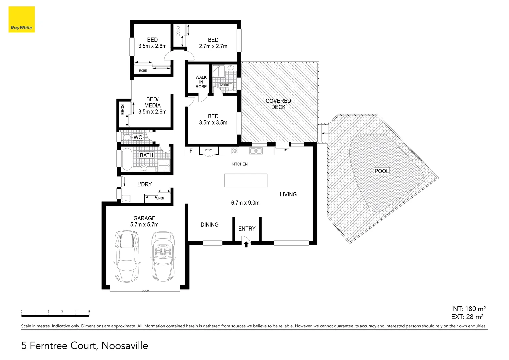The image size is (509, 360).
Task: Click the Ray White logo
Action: pos(21,20)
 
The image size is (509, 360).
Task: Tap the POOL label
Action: pos(382,171)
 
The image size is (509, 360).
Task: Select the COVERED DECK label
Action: pos(278,104)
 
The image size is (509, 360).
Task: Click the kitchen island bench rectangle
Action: pos(246,180)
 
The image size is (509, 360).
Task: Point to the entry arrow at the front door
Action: pos(246,244)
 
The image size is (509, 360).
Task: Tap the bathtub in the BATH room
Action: pos(127,159)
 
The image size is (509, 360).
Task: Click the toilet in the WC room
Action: pos(127,137)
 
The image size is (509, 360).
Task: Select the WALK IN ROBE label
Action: pos(201,82)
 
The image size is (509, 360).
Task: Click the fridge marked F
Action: pos(191,151)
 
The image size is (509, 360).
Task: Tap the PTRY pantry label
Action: pos(208,150)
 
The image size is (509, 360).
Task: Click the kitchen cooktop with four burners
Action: pos(235,151)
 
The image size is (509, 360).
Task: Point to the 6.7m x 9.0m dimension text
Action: pos(245,203)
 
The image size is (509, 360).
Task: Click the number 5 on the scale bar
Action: pos(89,311)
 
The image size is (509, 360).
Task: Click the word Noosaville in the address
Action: pos(125,346)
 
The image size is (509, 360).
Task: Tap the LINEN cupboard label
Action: pos(160,198)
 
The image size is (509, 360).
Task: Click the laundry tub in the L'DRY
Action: pos(126,199)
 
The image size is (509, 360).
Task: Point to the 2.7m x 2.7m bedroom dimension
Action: pos(213,46)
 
